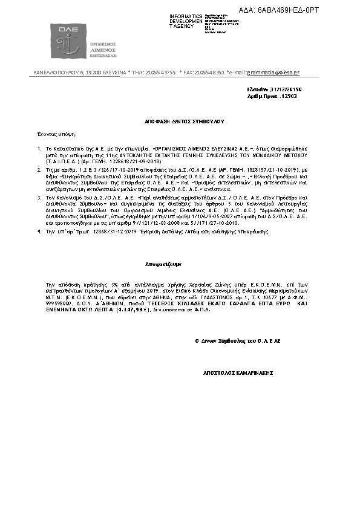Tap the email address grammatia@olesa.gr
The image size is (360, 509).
coord(273,73)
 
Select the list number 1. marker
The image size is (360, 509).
coord(39,148)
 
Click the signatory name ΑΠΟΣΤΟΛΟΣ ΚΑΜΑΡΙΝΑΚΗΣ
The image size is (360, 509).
coord(238,373)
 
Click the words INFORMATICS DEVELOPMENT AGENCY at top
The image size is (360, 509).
coord(186,21)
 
